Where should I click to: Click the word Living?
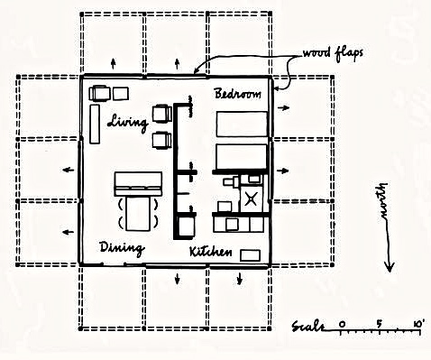coord(127,122)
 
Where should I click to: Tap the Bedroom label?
coord(238,93)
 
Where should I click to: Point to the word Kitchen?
coord(213,253)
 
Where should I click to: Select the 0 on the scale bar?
coord(342,322)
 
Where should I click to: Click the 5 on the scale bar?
coord(380,322)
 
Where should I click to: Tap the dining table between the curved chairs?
coord(138,215)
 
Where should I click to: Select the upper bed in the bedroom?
coord(242,124)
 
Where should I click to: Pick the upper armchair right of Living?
coord(162,113)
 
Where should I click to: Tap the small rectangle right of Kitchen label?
coord(254,254)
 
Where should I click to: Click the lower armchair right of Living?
coord(162,141)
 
